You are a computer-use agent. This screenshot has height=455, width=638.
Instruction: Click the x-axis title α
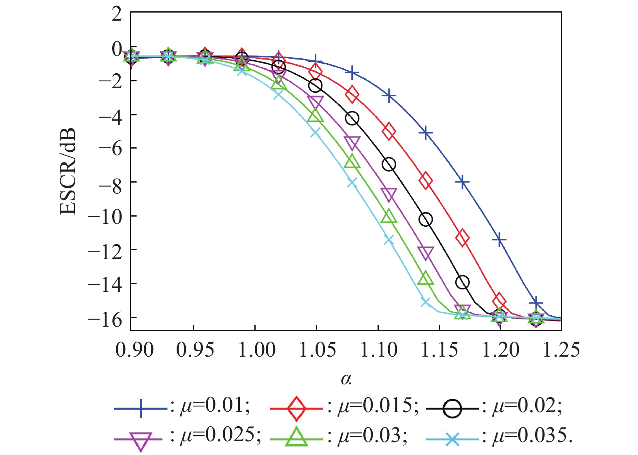coord(346,379)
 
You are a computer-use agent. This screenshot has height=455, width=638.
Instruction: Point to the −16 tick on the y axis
coord(106,319)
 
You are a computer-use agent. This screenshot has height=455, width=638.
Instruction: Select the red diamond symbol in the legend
coord(296,408)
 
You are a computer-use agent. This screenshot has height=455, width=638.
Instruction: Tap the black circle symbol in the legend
coord(452,408)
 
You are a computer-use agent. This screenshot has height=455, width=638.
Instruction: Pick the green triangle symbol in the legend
coord(296,437)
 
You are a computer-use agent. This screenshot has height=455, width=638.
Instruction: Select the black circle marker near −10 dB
coord(425,219)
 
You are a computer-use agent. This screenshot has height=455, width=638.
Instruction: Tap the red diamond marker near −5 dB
coord(389,131)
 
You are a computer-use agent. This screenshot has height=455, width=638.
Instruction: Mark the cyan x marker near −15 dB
coord(425,302)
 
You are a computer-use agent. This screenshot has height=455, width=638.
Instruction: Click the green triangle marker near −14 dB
coord(425,279)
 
